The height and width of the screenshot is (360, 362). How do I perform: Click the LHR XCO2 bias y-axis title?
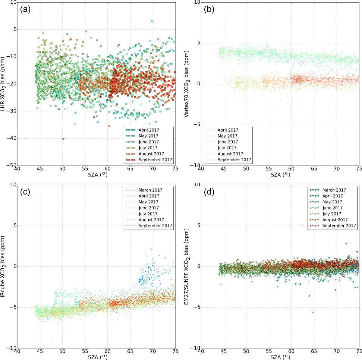click(4, 83)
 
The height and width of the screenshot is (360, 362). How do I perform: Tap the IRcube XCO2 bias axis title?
click(4, 266)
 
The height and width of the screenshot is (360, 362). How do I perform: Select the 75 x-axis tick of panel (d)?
click(359, 351)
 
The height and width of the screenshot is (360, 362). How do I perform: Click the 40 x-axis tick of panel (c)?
click(18, 351)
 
